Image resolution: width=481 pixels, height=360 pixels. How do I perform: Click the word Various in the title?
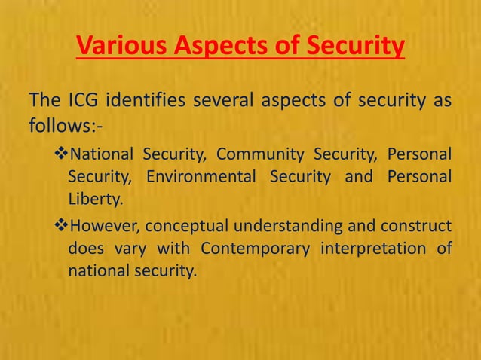coord(122,47)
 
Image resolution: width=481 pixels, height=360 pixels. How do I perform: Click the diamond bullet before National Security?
coord(61,156)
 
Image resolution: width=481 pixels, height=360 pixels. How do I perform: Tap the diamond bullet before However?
coord(61,227)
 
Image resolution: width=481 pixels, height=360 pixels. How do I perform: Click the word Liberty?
coord(93,200)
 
